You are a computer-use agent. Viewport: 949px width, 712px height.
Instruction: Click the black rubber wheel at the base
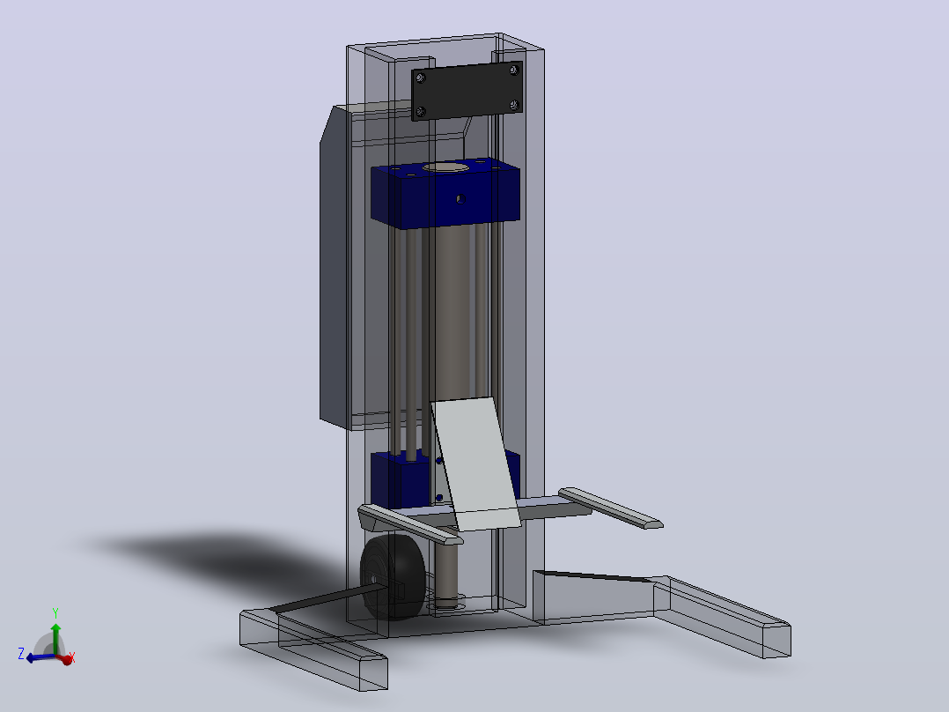tap(393, 577)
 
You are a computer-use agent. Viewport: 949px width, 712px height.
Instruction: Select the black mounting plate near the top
tap(467, 90)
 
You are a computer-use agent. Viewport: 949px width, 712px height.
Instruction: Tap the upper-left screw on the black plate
tap(420, 77)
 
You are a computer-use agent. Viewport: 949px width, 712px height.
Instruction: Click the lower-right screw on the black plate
tap(514, 106)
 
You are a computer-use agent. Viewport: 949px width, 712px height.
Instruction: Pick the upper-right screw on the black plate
tap(514, 70)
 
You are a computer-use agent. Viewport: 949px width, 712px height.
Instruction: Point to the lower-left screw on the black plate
tap(420, 112)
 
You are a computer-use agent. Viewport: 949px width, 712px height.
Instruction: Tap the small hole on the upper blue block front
tap(460, 199)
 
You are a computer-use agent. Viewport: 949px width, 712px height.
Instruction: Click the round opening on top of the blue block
tap(446, 167)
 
